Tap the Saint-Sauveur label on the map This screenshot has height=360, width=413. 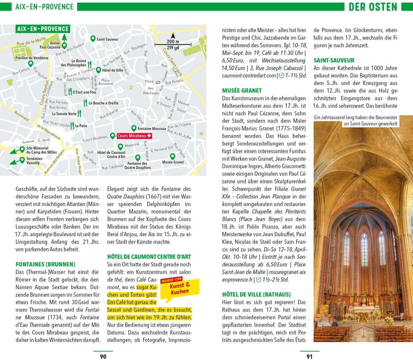point(107,39)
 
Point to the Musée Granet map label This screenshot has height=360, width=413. point(173,162)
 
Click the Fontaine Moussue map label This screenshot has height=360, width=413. point(152,129)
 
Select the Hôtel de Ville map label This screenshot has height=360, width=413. point(113,70)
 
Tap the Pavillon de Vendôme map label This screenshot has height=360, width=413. point(32,58)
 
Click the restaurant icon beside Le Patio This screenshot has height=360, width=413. point(72,126)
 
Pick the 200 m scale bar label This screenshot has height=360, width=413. point(173,42)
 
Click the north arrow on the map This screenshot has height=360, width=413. point(173,35)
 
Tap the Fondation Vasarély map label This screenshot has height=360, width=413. point(34,161)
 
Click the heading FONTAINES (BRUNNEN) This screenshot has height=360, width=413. point(45,264)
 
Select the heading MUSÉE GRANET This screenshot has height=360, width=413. point(242,91)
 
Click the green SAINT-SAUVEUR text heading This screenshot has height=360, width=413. point(334,61)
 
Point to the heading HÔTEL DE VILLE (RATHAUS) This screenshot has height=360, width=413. point(256,295)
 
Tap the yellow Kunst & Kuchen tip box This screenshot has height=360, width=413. point(180,288)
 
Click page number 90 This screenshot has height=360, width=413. point(103,357)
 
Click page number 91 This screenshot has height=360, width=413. point(309,357)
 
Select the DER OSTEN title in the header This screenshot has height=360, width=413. point(373,7)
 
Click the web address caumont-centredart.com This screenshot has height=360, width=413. point(249,76)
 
